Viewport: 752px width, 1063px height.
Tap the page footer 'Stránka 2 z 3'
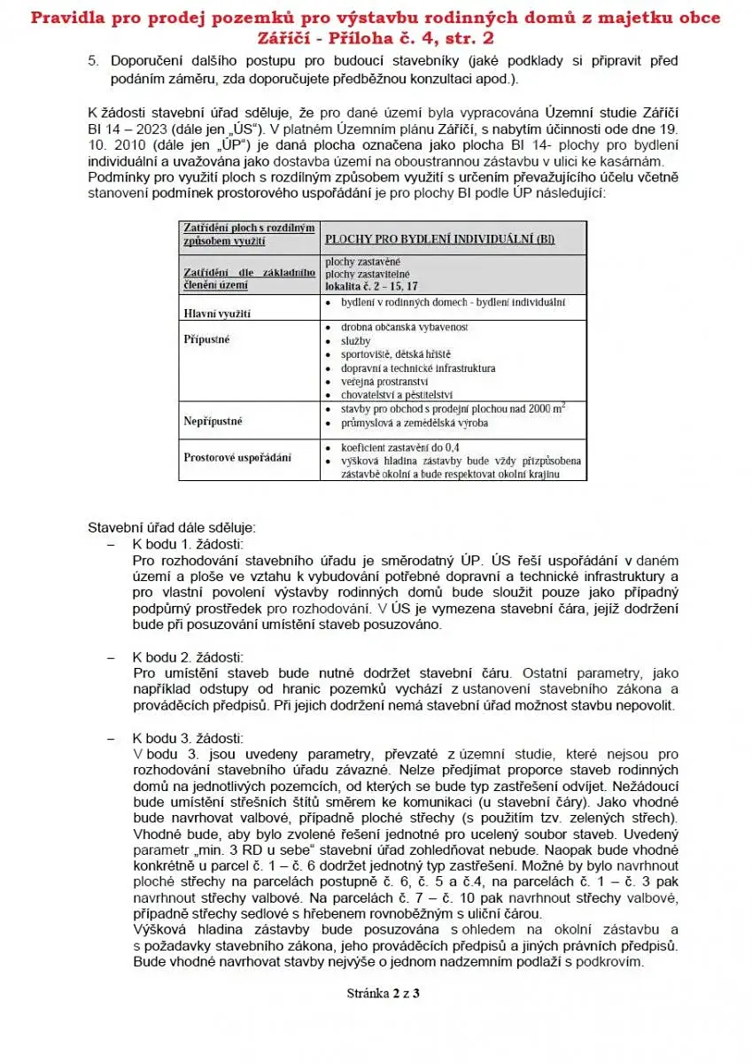tap(383, 993)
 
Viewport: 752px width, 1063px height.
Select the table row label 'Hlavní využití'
tap(217, 314)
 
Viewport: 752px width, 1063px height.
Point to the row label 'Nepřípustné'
tap(213, 421)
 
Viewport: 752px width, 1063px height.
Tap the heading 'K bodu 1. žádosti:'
tap(188, 543)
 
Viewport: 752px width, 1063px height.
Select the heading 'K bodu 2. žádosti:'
tap(188, 657)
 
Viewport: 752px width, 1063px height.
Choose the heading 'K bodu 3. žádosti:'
tap(188, 738)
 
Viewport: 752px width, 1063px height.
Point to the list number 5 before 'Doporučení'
tap(92, 61)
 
